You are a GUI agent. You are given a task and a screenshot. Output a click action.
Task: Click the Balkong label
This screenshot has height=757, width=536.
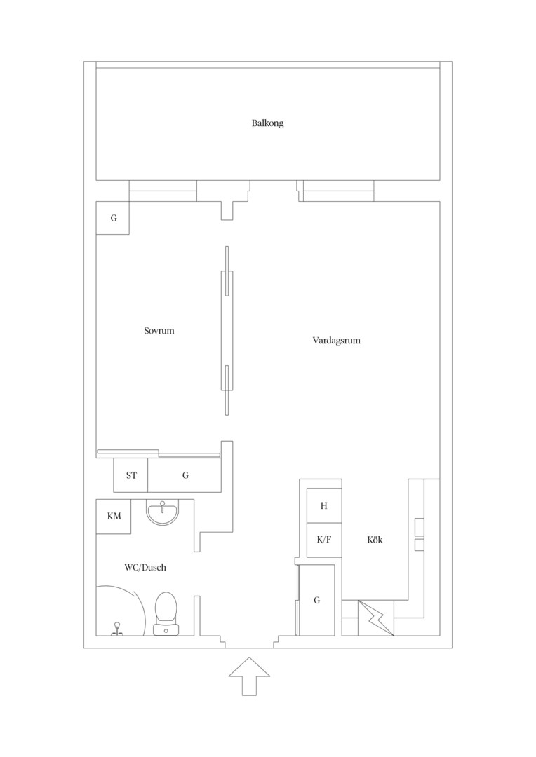pyautogui.click(x=267, y=123)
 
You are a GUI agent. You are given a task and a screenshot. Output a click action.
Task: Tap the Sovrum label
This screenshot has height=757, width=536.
pyautogui.click(x=159, y=331)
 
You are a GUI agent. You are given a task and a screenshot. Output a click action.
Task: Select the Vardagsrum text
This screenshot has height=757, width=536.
pyautogui.click(x=336, y=341)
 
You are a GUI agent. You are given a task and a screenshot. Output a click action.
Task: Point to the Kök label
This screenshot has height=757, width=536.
pyautogui.click(x=375, y=540)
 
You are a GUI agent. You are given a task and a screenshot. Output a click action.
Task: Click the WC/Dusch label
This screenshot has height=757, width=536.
pyautogui.click(x=145, y=567)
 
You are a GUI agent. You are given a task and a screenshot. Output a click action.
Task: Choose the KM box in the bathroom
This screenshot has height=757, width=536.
pyautogui.click(x=114, y=517)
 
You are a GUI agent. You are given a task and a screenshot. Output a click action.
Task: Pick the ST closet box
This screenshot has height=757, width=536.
pyautogui.click(x=131, y=475)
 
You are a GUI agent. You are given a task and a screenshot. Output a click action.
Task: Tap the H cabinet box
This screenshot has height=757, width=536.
pyautogui.click(x=324, y=505)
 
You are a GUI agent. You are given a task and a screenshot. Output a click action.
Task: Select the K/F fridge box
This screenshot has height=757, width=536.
pyautogui.click(x=324, y=540)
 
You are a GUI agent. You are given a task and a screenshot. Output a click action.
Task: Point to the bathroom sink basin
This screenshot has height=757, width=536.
pyautogui.click(x=163, y=512)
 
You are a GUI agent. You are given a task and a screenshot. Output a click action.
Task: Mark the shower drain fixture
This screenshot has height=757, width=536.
pyautogui.click(x=116, y=629)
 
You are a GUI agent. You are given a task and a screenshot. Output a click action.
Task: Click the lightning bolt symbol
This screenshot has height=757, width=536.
pyautogui.click(x=375, y=618)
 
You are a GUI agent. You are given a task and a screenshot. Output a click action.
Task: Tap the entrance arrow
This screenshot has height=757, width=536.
pyautogui.click(x=249, y=676)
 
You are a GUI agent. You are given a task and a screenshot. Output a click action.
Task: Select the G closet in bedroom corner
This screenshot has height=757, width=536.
pyautogui.click(x=113, y=218)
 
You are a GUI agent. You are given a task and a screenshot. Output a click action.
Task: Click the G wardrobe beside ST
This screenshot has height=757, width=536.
pyautogui.click(x=185, y=475)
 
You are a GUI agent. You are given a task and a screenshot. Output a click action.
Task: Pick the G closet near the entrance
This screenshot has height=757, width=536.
pyautogui.click(x=316, y=600)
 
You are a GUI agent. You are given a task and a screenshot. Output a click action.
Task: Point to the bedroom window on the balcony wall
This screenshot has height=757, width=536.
pyautogui.click(x=163, y=191)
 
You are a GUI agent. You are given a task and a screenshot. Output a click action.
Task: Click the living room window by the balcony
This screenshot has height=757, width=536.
pyautogui.click(x=338, y=191)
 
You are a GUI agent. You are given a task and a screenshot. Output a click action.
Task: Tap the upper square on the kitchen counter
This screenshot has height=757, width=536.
pyautogui.click(x=419, y=526)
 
